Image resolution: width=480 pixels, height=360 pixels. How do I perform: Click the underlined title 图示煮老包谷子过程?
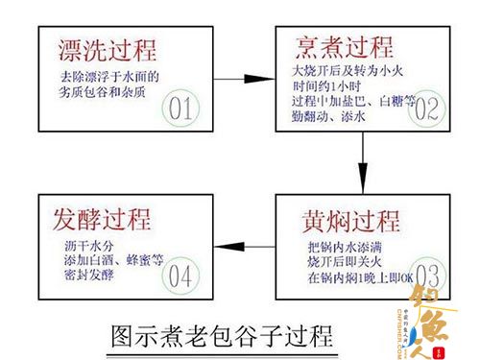[x=220, y=336]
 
